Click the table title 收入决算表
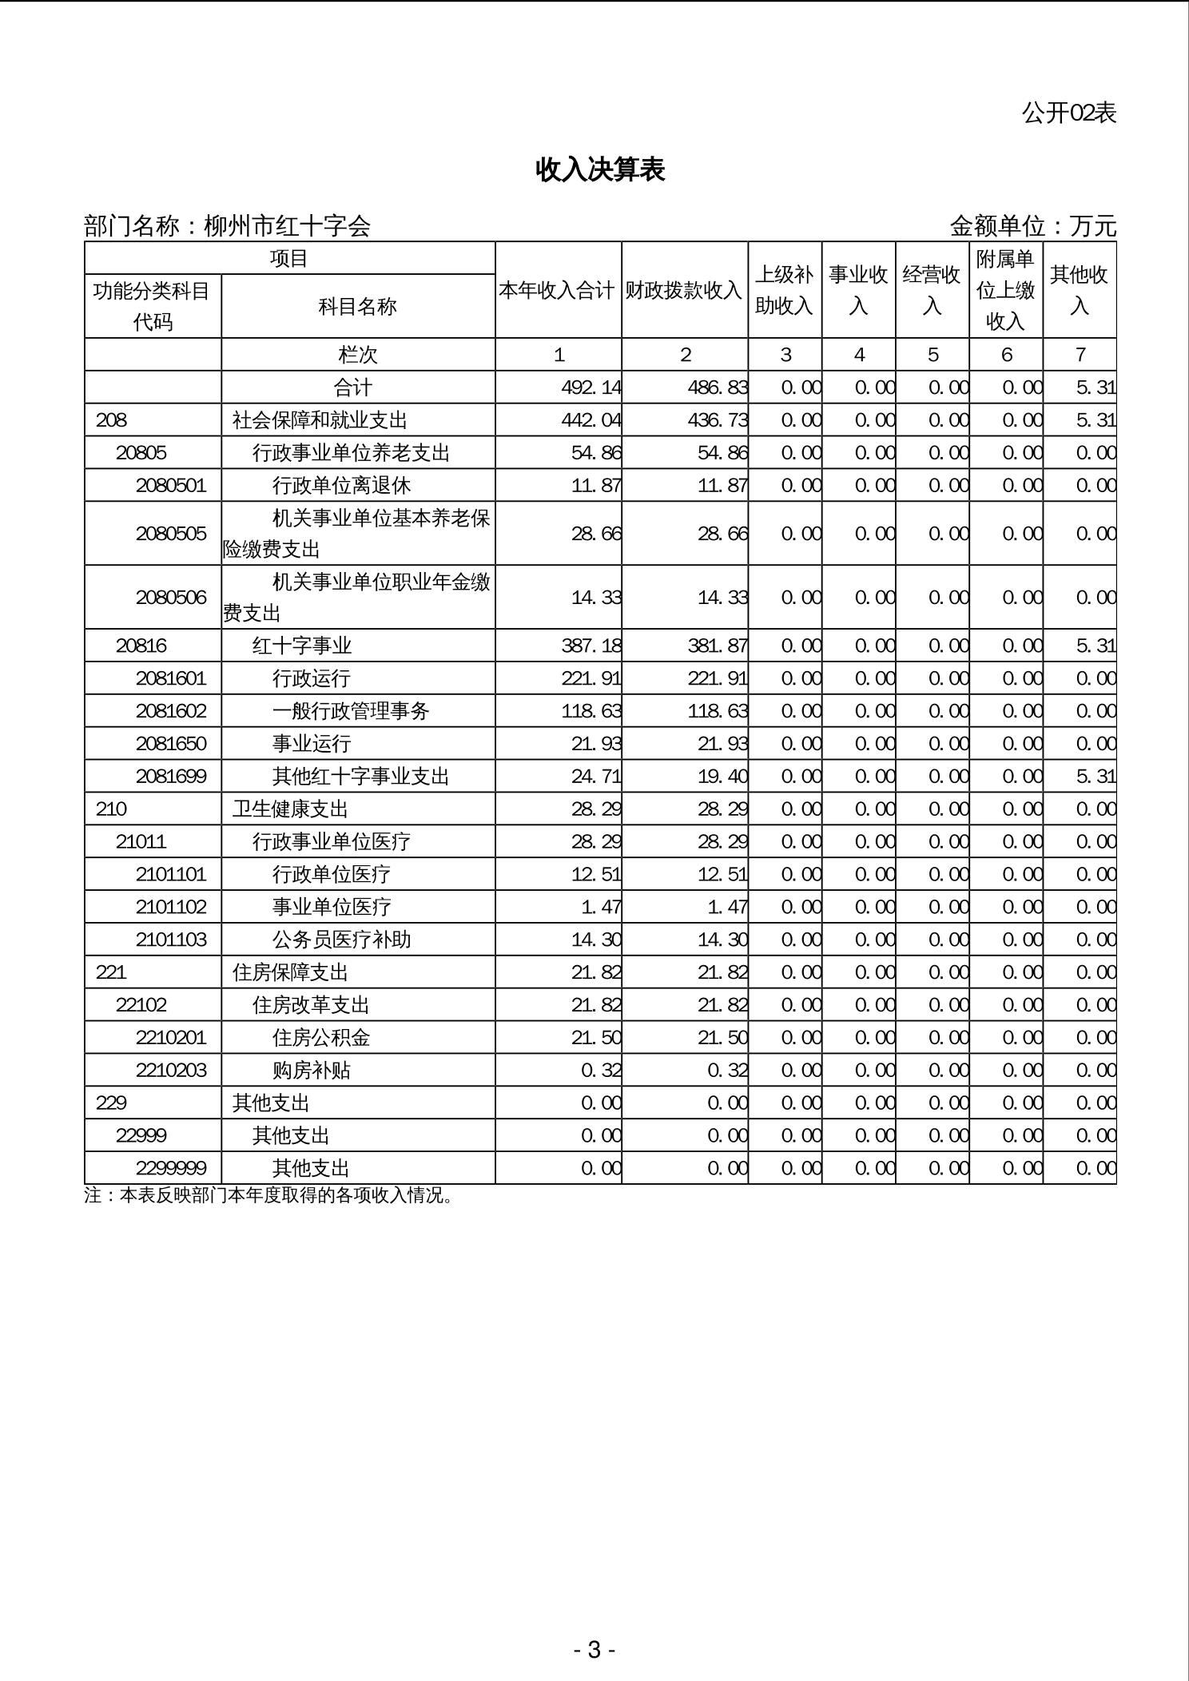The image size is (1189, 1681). click(600, 169)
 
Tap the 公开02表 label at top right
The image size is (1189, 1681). click(1068, 113)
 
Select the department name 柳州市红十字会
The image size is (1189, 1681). click(287, 226)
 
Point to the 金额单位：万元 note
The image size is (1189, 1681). click(1032, 226)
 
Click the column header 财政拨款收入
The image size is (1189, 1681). click(684, 290)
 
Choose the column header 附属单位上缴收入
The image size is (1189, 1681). click(1005, 290)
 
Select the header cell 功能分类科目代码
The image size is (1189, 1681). click(152, 306)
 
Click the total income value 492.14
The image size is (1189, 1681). click(591, 387)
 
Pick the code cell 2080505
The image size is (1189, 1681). click(171, 534)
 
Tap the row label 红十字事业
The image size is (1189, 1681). click(302, 646)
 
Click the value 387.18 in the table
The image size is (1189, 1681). click(591, 646)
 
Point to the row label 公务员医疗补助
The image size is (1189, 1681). click(341, 940)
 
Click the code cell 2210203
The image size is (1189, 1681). click(171, 1071)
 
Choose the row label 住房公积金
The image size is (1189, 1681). click(321, 1038)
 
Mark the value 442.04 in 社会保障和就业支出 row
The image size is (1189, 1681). click(591, 420)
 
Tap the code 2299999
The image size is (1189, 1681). click(171, 1168)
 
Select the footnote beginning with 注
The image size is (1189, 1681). click(269, 1196)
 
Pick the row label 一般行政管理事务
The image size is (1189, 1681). click(351, 711)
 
